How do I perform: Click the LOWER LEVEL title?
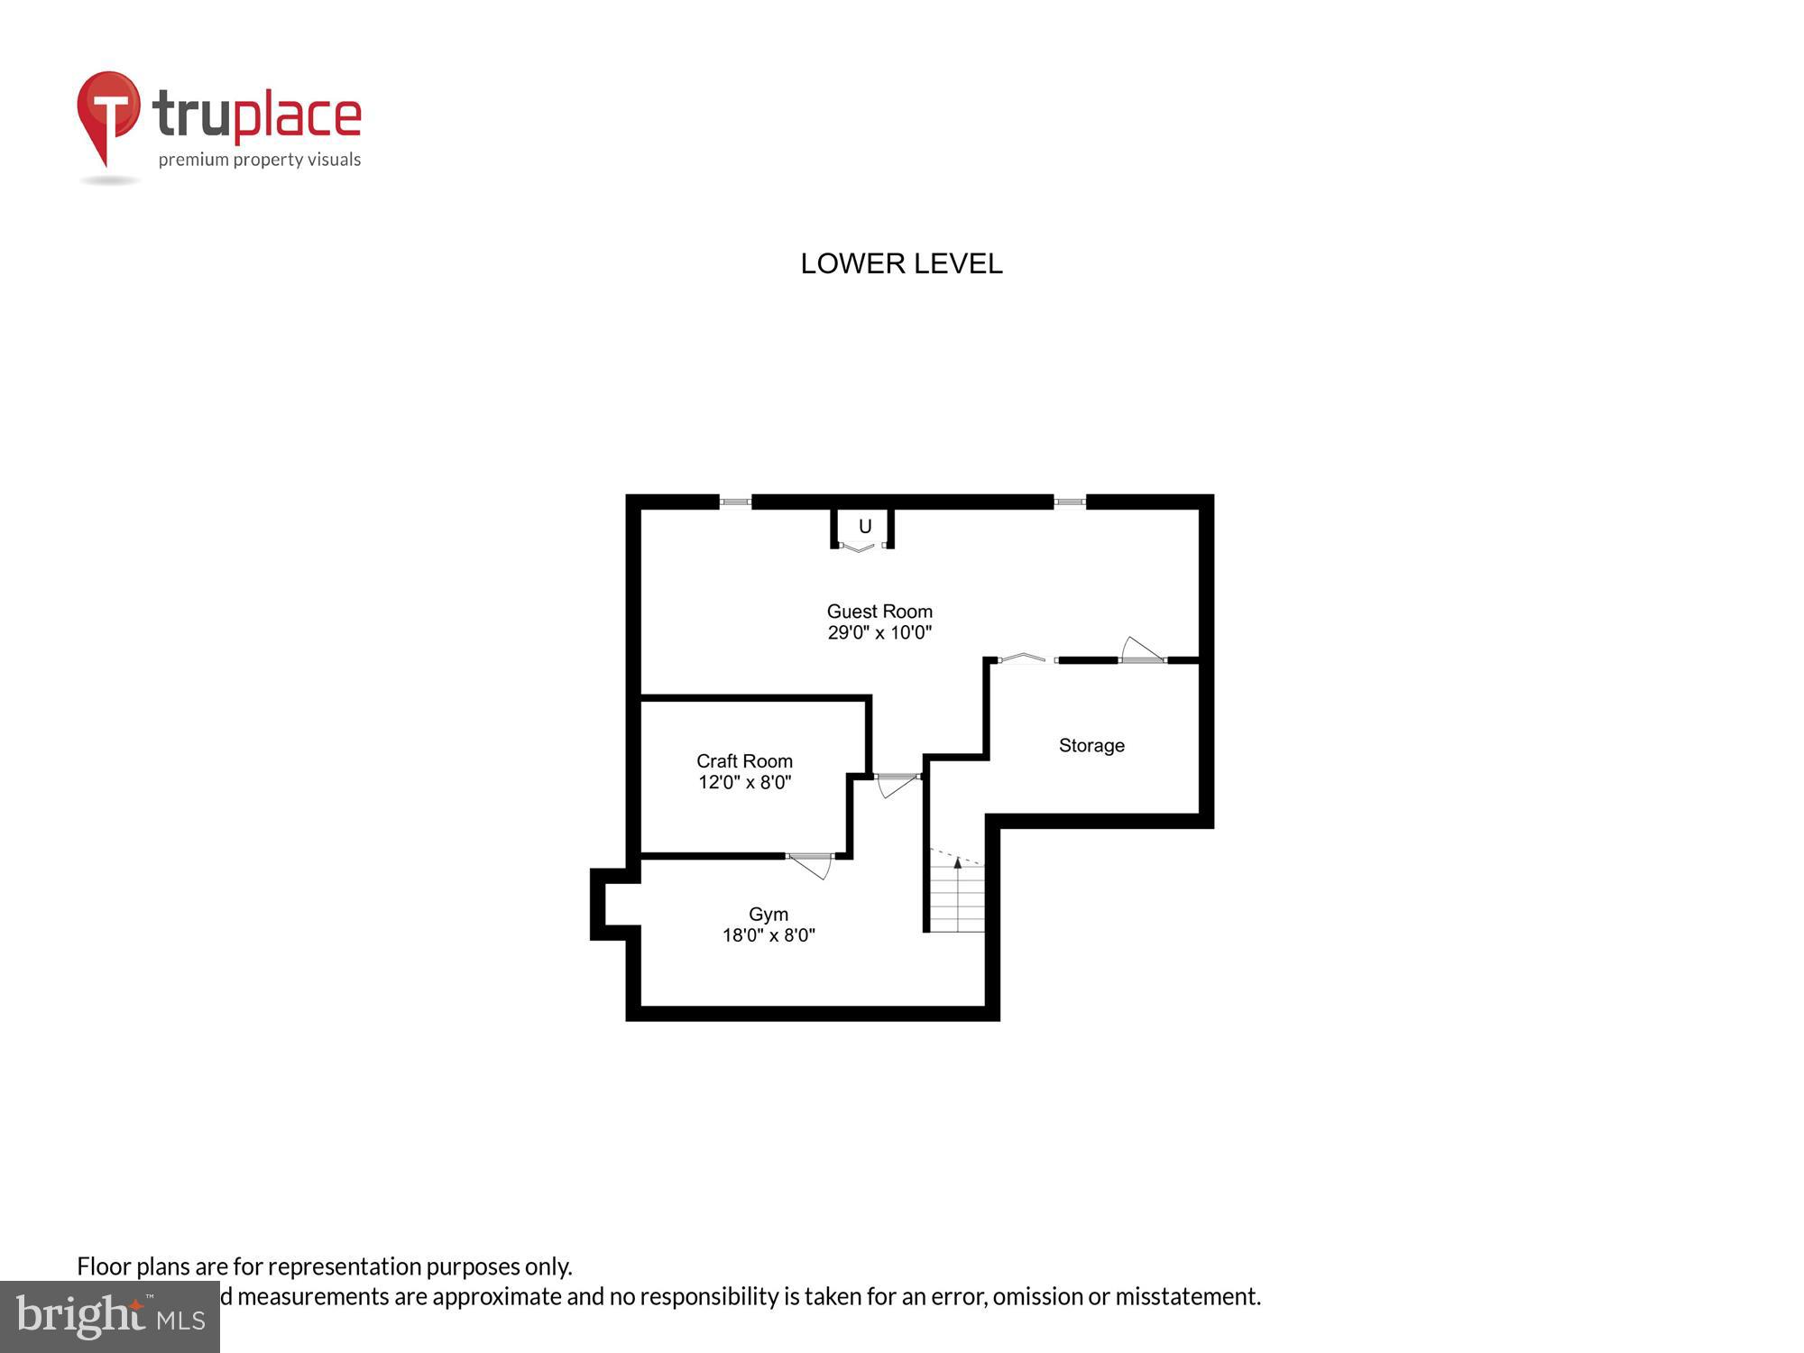[901, 263]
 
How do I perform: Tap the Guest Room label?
[879, 612]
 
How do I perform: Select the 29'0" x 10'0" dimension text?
[879, 633]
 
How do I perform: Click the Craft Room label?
[744, 761]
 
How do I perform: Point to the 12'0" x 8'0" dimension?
[744, 783]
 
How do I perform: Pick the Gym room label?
[769, 915]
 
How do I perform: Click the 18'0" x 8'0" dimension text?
[769, 936]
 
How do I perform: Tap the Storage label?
[1091, 746]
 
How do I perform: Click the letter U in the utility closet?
[865, 527]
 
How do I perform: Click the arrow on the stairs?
[957, 864]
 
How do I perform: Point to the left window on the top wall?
[735, 502]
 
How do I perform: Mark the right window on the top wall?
[1070, 502]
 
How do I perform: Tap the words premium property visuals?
[260, 161]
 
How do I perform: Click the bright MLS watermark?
[110, 1318]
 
